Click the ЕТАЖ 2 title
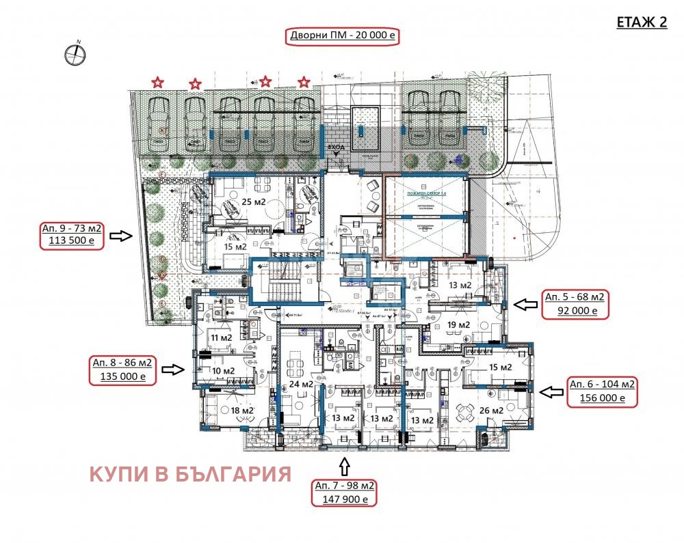pos(642,22)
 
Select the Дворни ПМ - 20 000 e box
pos(342,37)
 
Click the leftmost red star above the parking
pos(157,83)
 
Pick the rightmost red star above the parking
pos(304,83)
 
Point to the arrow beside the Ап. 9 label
pos(122,236)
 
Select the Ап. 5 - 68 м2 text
pos(575,297)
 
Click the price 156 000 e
pos(601,398)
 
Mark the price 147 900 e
pos(344,500)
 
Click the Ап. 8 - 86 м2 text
pos(122,363)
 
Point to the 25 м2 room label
pos(253,202)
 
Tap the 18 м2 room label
pos(224,410)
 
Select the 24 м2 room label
pos(301,384)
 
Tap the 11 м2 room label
pos(220,337)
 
